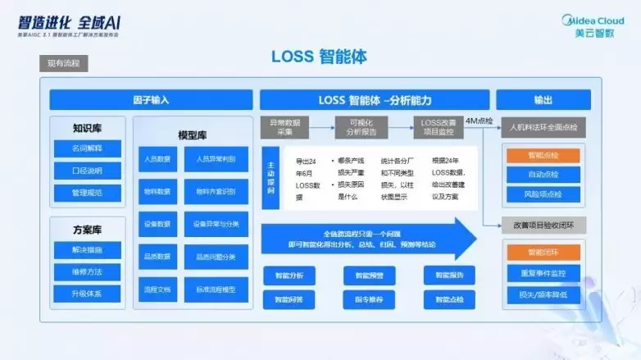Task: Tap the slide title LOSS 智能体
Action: pyautogui.click(x=320, y=57)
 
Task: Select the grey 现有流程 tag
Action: pyautogui.click(x=66, y=64)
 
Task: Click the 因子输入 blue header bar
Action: pyautogui.click(x=151, y=100)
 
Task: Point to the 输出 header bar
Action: pyautogui.click(x=543, y=100)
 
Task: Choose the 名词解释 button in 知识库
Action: pyautogui.click(x=88, y=148)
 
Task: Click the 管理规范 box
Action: pyautogui.click(x=88, y=194)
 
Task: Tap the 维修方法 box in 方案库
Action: pyautogui.click(x=88, y=271)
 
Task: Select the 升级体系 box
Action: pyautogui.click(x=88, y=293)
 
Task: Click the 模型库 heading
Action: pyautogui.click(x=193, y=134)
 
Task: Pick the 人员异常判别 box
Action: pyautogui.click(x=216, y=159)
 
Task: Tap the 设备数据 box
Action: pyautogui.click(x=157, y=224)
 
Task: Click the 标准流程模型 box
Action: pyautogui.click(x=216, y=289)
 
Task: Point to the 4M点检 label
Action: pyautogui.click(x=480, y=120)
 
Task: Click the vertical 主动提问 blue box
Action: pyautogui.click(x=271, y=178)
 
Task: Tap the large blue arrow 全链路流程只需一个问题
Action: pyautogui.click(x=369, y=239)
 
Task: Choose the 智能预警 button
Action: pyautogui.click(x=369, y=276)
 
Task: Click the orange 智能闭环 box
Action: pyautogui.click(x=543, y=252)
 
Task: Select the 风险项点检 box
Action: pyautogui.click(x=543, y=194)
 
